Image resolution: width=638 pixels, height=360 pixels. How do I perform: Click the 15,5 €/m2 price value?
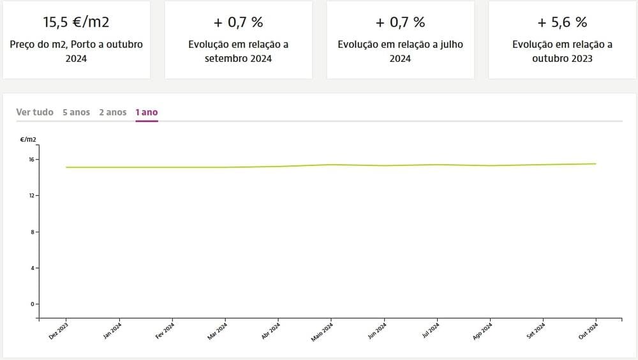click(76, 22)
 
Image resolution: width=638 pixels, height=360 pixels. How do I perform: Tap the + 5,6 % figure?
click(562, 22)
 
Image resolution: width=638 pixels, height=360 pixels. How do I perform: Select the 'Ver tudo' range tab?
click(34, 112)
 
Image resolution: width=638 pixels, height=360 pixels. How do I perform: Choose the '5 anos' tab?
click(76, 112)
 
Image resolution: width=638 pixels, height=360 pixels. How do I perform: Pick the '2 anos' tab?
click(112, 112)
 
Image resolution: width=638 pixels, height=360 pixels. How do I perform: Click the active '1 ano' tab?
click(147, 112)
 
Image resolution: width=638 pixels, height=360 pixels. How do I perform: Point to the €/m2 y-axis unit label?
click(28, 140)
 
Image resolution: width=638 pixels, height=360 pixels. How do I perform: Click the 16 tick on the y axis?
click(31, 159)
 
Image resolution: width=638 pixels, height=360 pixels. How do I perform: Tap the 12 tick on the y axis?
click(31, 195)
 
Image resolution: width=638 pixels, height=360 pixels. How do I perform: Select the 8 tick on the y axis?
click(33, 232)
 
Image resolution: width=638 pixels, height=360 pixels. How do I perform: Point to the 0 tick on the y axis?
click(33, 304)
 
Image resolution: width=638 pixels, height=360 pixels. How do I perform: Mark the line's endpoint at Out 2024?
click(596, 164)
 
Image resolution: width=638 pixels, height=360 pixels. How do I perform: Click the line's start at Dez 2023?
click(66, 167)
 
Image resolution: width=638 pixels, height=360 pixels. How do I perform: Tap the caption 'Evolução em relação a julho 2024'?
click(400, 52)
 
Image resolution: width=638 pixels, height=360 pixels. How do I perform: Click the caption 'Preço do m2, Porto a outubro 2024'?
click(76, 52)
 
